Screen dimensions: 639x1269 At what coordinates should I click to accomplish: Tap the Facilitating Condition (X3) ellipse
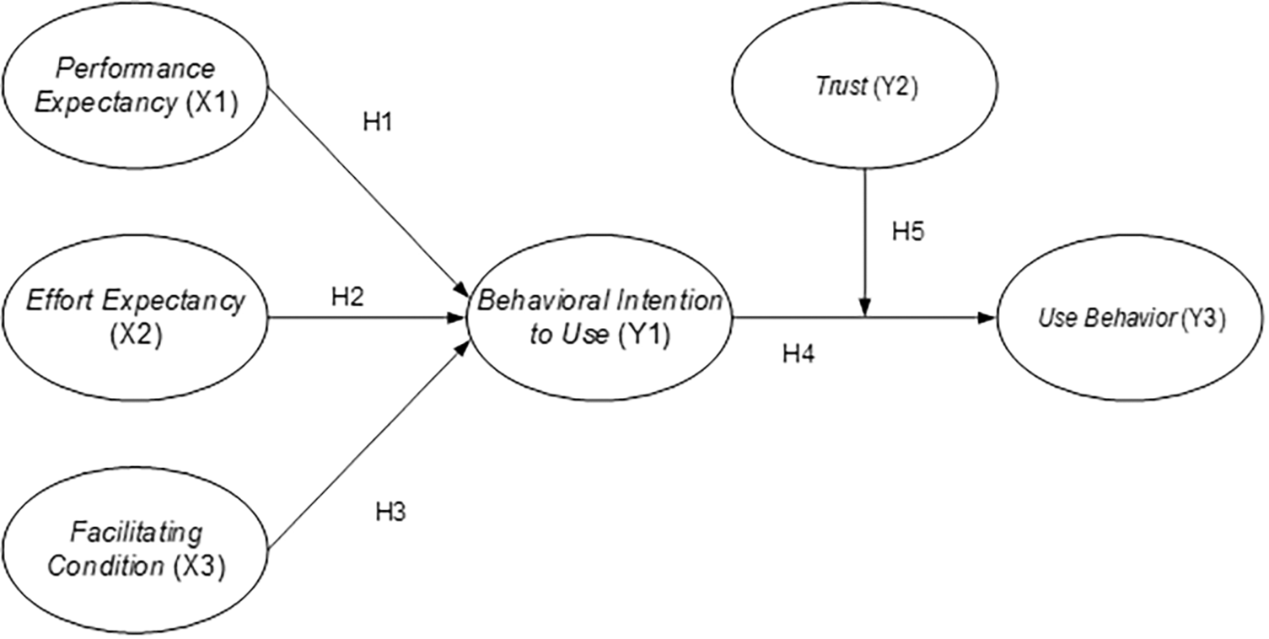pyautogui.click(x=135, y=549)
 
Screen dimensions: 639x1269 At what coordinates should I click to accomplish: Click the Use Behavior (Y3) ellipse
pyautogui.click(x=1132, y=319)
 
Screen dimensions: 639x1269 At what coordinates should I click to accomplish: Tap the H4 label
pyautogui.click(x=799, y=355)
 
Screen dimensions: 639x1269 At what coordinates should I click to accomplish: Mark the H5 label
pyautogui.click(x=909, y=232)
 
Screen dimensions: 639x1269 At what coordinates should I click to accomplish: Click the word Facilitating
pyautogui.click(x=137, y=533)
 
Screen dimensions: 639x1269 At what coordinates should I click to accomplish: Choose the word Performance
pyautogui.click(x=135, y=68)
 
